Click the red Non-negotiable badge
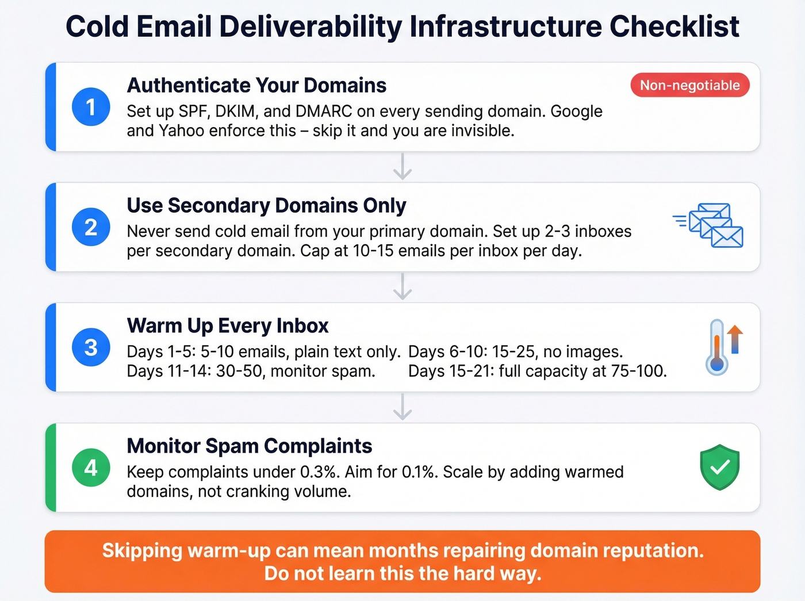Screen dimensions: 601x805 click(690, 85)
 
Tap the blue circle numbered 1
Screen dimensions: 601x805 click(91, 107)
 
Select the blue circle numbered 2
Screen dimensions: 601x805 click(91, 227)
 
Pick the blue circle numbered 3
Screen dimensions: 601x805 click(91, 347)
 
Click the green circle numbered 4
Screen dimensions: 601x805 click(91, 468)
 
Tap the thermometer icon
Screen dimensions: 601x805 click(717, 347)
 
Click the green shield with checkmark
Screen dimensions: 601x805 click(719, 467)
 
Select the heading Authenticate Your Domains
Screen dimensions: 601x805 click(256, 85)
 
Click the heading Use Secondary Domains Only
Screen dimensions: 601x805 click(266, 205)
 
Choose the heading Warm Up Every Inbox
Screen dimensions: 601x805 click(228, 326)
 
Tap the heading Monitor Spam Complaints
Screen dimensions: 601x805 click(250, 446)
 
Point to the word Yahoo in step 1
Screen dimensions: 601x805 click(181, 131)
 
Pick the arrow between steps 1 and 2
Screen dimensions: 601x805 click(402, 167)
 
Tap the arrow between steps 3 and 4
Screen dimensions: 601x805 click(402, 407)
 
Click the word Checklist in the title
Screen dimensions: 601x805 click(674, 26)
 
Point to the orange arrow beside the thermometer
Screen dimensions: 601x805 click(735, 339)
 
